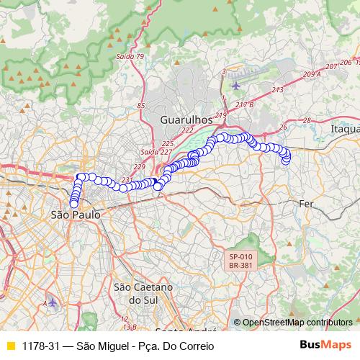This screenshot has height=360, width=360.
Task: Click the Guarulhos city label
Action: pos(185,118)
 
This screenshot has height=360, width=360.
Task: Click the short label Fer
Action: pos(307,204)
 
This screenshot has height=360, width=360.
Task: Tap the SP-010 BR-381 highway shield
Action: pos(240,261)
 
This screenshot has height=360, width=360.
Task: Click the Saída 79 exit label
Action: pos(130,56)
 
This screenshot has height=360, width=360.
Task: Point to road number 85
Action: pos(140,107)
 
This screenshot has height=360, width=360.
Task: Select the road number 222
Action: pos(188,130)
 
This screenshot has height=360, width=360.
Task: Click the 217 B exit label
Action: pos(244,105)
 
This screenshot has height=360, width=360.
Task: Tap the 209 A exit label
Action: pos(312,74)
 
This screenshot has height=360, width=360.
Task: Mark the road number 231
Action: pos(128,180)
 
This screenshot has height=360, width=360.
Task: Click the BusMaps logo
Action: pos(325,345)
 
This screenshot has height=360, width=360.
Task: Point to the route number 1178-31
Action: pos(40,346)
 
